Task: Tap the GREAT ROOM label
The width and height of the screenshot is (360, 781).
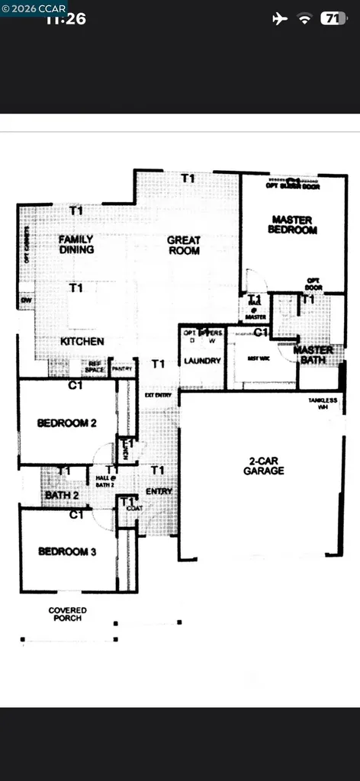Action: [x=184, y=245]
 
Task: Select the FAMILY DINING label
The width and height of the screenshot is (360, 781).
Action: [x=76, y=244]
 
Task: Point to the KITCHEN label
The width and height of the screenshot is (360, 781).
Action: [x=82, y=341]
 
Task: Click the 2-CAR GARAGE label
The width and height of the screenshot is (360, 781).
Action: [x=265, y=465]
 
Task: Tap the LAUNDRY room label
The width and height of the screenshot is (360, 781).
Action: [x=202, y=361]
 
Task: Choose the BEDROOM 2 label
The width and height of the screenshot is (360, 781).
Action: [x=67, y=423]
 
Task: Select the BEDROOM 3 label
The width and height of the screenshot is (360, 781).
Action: [x=67, y=551]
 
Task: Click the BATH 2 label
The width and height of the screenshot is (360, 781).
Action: [x=61, y=495]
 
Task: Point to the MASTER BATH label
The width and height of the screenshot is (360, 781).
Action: [x=313, y=355]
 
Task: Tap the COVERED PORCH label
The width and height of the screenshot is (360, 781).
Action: [x=67, y=614]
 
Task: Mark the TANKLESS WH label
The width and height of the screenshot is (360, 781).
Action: [x=322, y=404]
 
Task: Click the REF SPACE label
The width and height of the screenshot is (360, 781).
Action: [x=94, y=367]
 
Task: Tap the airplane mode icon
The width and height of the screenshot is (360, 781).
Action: [x=280, y=18]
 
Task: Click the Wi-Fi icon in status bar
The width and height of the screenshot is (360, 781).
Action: [x=305, y=18]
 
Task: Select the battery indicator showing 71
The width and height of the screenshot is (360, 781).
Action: [x=332, y=18]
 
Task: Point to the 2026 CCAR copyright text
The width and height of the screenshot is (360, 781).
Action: [x=34, y=8]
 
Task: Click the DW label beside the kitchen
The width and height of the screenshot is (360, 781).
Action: [x=26, y=301]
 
